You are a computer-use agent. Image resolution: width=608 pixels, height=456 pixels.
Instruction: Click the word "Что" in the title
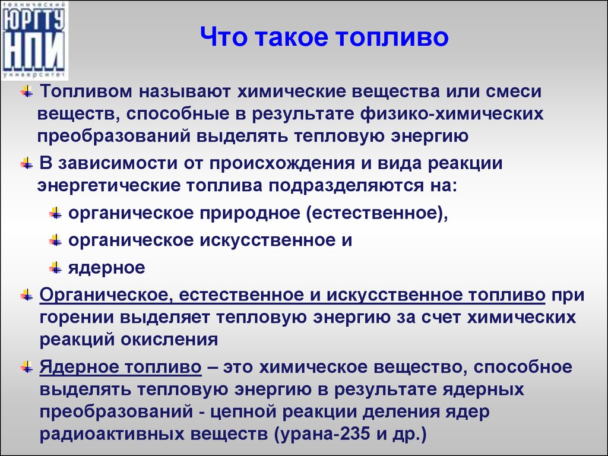(x=223, y=37)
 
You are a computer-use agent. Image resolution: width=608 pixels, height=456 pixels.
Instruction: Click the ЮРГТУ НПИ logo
(x=34, y=40)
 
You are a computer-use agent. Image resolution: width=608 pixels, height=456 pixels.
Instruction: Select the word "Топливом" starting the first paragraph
(x=86, y=91)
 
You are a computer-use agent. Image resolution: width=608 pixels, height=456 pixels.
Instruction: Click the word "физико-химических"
(x=451, y=114)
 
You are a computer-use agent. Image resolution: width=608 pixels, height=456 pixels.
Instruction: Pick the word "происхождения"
(x=282, y=163)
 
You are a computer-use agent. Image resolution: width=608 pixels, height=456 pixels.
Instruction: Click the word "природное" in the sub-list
(x=250, y=213)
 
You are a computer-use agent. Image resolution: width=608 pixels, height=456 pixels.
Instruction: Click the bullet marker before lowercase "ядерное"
(x=56, y=267)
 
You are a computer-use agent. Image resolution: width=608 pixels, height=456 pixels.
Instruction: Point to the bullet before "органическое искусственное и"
(x=56, y=240)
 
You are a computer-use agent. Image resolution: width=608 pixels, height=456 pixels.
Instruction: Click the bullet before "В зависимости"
(x=27, y=163)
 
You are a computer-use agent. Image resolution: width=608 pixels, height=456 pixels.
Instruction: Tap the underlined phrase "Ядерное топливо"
(x=121, y=367)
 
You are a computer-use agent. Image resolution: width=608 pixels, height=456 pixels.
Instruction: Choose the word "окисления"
(x=169, y=340)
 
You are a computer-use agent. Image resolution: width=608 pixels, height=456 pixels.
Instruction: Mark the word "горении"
(x=77, y=318)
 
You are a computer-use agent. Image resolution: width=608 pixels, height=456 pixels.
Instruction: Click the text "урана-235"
(x=322, y=433)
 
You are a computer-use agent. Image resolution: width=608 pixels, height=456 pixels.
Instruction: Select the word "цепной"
(x=243, y=412)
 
